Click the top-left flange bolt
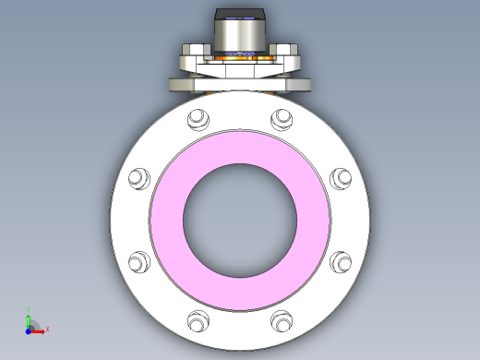pyautogui.click(x=197, y=119)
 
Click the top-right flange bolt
pyautogui.click(x=282, y=119)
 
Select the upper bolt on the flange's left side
pyautogui.click(x=138, y=178)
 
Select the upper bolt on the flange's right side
pyautogui.click(x=341, y=178)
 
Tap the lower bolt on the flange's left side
pyautogui.click(x=138, y=262)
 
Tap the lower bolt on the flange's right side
pyautogui.click(x=341, y=262)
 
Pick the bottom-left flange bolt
pyautogui.click(x=197, y=322)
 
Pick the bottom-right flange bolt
pyautogui.click(x=282, y=322)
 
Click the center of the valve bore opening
pyautogui.click(x=240, y=221)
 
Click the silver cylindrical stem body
pyautogui.click(x=240, y=36)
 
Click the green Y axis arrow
pyautogui.click(x=29, y=318)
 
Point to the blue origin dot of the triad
pyautogui.click(x=29, y=330)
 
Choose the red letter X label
pyautogui.click(x=47, y=329)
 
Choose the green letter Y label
pyautogui.click(x=29, y=311)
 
